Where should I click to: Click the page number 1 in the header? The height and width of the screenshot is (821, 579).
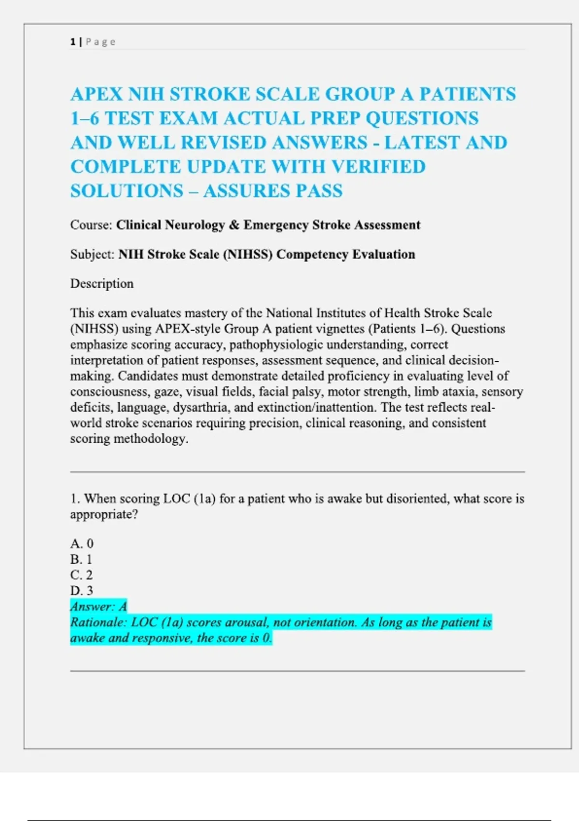pos(73,42)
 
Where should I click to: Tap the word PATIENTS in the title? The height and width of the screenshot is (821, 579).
pos(467,94)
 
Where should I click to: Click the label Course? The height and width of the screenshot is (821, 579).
pos(91,225)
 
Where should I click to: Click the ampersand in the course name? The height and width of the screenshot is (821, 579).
pos(234,225)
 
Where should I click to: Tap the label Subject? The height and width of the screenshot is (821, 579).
pos(92,255)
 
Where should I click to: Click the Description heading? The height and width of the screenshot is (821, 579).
pos(102,283)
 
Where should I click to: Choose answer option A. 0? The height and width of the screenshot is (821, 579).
pos(82,544)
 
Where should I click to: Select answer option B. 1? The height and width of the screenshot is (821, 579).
pos(81,559)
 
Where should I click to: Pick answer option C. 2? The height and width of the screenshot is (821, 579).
pos(81,575)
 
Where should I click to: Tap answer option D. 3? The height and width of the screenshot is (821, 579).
pos(82,591)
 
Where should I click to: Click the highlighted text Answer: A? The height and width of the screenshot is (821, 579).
pos(98,607)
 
